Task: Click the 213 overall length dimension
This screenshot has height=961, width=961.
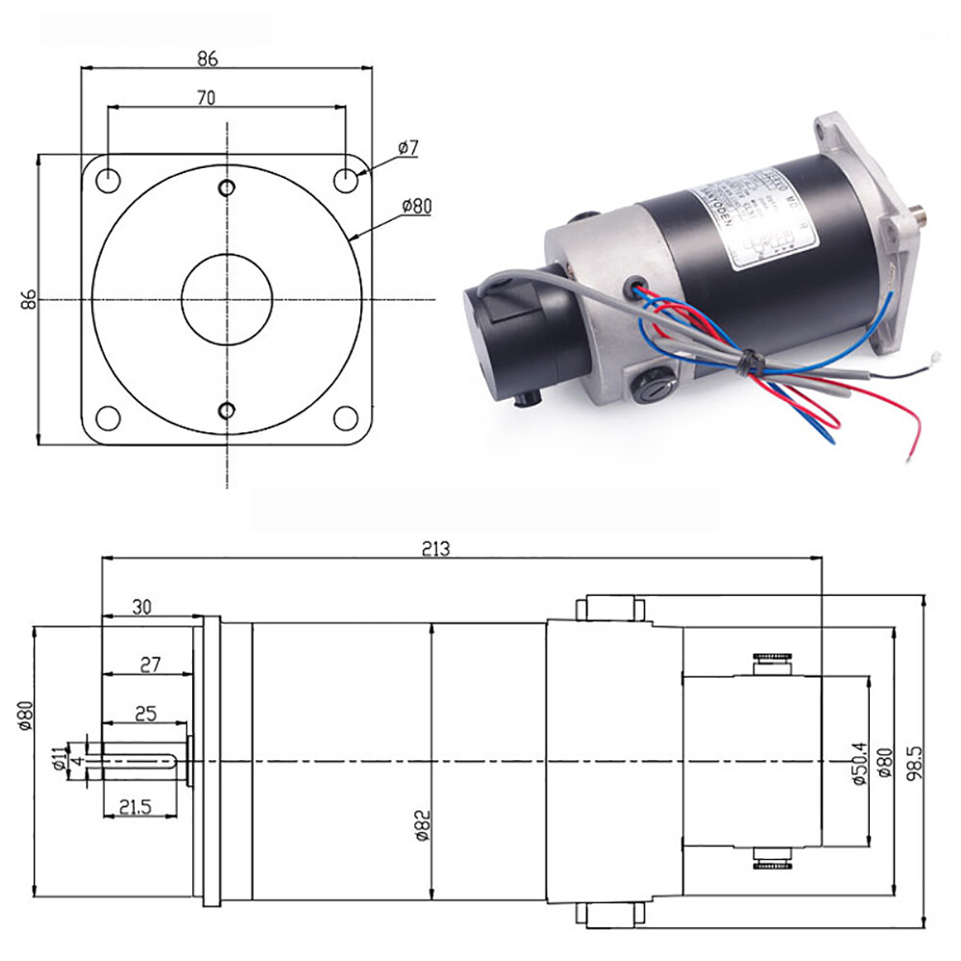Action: [435, 549]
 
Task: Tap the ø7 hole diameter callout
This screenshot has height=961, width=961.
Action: [408, 148]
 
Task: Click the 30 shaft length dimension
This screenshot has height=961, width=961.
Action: [141, 606]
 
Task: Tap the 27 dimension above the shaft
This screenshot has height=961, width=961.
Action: [149, 664]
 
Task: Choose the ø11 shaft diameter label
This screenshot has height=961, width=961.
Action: [60, 759]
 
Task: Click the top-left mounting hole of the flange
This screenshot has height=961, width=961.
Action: [109, 179]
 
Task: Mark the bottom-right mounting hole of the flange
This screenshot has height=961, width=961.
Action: [346, 418]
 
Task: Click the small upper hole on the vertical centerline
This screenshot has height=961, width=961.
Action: [227, 186]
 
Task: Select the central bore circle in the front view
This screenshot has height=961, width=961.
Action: [227, 299]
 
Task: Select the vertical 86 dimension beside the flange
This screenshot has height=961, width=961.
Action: [28, 300]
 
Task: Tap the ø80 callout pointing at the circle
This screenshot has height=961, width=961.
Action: [418, 206]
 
